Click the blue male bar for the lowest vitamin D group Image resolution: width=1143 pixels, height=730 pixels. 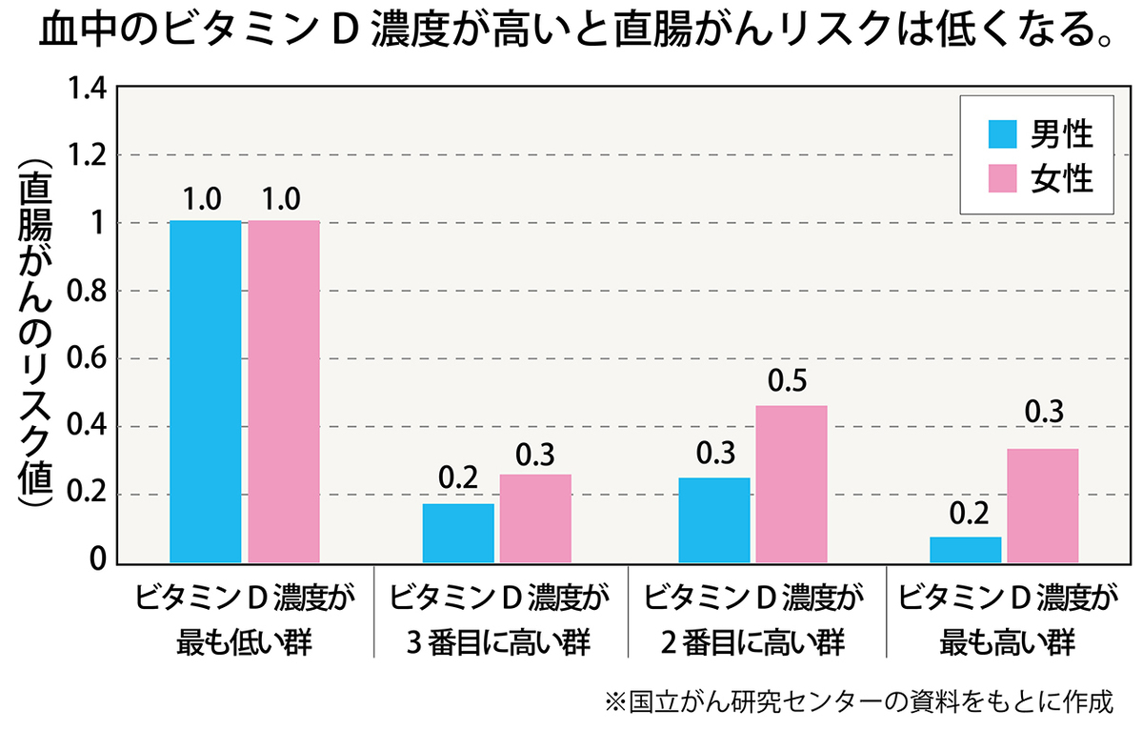pyautogui.click(x=205, y=391)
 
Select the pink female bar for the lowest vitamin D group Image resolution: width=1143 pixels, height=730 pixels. pyautogui.click(x=284, y=391)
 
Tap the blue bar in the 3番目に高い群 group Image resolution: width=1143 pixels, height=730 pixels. pyautogui.click(x=458, y=533)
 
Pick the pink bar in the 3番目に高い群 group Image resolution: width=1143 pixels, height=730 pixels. pyautogui.click(x=535, y=518)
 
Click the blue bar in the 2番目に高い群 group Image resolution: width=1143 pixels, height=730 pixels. pyautogui.click(x=713, y=519)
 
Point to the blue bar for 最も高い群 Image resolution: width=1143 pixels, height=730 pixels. pyautogui.click(x=965, y=550)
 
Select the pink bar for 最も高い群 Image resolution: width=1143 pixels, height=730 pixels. pyautogui.click(x=1042, y=505)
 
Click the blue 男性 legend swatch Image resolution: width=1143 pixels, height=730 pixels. pyautogui.click(x=997, y=134)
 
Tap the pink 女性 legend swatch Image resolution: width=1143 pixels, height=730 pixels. pyautogui.click(x=997, y=178)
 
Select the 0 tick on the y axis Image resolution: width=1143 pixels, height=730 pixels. pyautogui.click(x=97, y=562)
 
